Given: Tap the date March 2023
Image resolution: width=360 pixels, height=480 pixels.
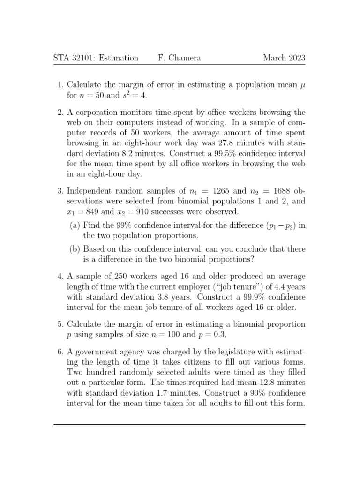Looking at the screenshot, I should (284, 58).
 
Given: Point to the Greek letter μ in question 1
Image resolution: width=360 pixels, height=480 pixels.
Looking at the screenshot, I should (302, 85).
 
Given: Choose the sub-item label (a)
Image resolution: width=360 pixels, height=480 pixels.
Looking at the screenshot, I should (75, 225).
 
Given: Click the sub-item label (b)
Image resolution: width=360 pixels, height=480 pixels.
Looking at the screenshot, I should (75, 249).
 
